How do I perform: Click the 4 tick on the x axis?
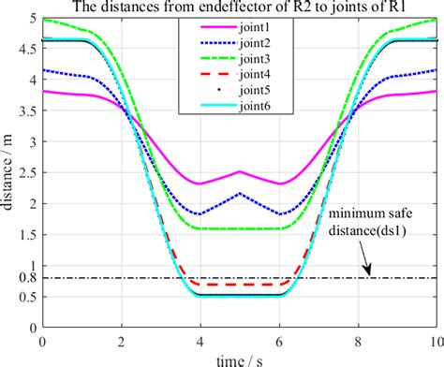click(200, 340)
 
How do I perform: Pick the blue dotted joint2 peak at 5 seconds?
click(239, 194)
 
